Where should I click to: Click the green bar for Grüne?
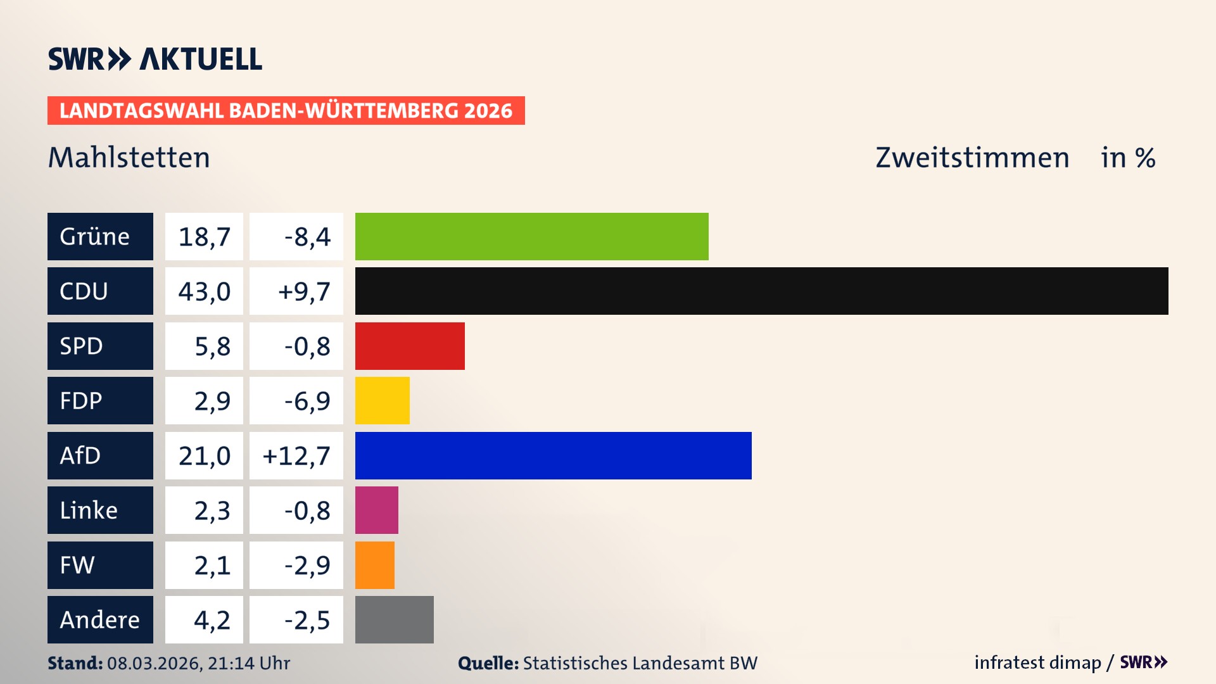pos(531,236)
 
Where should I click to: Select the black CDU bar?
pos(761,291)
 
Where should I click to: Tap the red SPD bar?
pos(410,346)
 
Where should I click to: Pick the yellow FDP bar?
pos(382,400)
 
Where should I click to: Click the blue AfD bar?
pos(553,455)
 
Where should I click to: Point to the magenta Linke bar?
pos(376,510)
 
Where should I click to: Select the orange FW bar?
pos(374,565)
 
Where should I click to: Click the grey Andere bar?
pos(394,619)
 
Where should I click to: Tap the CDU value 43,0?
pos(204,291)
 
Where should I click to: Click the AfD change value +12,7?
pos(296,455)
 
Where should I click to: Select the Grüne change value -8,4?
pos(307,236)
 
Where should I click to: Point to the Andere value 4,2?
pos(212,619)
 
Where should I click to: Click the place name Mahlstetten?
pos(129,157)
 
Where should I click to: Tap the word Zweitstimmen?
pos(972,157)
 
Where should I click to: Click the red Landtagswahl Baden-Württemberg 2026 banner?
pos(286,110)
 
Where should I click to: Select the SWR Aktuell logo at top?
pos(155,59)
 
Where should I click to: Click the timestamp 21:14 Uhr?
pos(248,663)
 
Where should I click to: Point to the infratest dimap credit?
pos(1037,662)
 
